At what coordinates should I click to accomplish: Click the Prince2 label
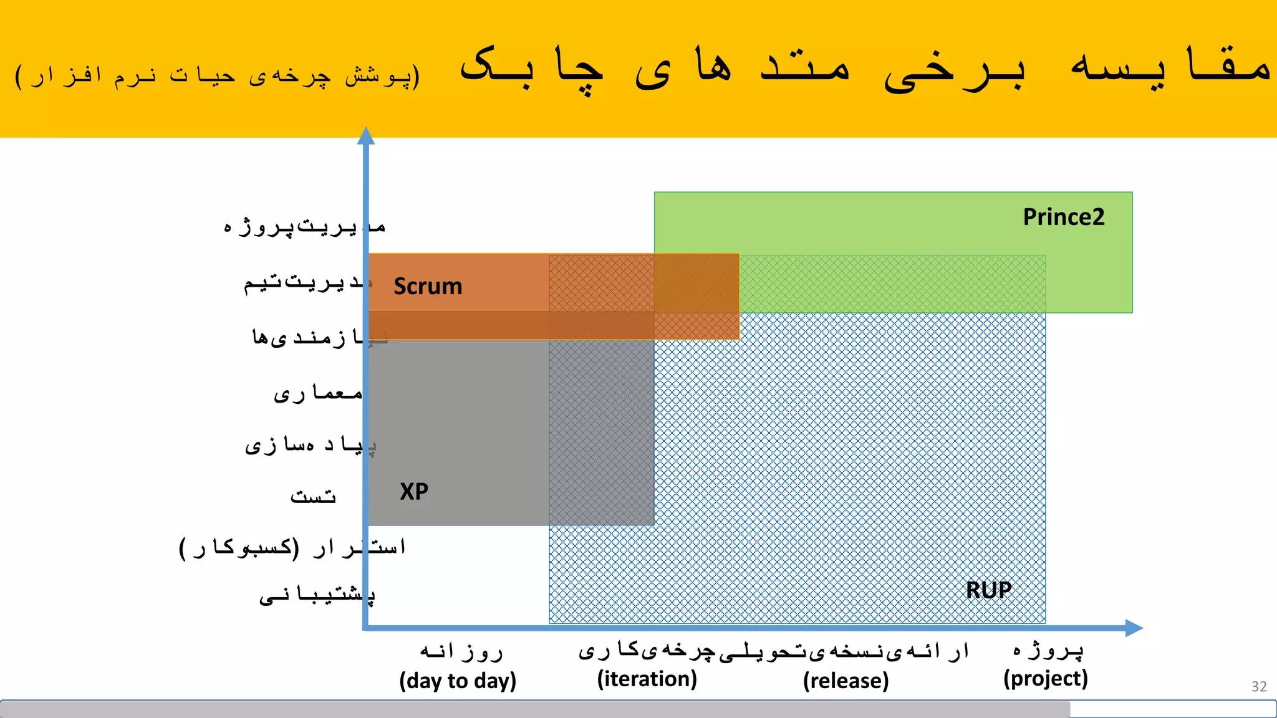tap(1063, 217)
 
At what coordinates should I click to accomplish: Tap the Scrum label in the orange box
tap(428, 286)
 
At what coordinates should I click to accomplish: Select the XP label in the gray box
tap(414, 491)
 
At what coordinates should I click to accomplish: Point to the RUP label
tap(988, 590)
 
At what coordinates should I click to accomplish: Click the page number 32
tap(1258, 686)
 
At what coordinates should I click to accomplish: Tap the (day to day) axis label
tap(458, 680)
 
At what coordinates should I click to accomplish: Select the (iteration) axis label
tap(647, 679)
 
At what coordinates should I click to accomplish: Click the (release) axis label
tap(846, 680)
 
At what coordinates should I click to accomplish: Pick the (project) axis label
tap(1045, 678)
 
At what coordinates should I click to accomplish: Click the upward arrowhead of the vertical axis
tap(366, 135)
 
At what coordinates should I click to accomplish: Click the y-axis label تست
tap(313, 496)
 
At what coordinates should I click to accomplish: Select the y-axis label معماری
tap(318, 393)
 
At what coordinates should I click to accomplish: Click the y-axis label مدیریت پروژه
tap(304, 226)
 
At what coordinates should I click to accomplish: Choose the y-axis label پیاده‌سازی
tap(310, 444)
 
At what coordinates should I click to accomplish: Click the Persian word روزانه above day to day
tap(461, 651)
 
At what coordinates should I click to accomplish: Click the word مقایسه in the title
tap(1170, 65)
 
